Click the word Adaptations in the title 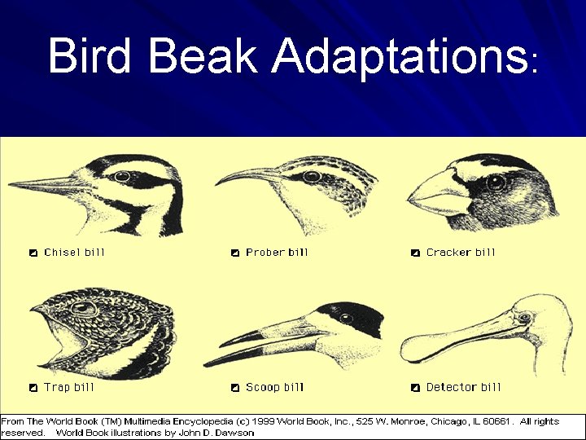point(398,56)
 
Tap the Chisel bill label point(74,253)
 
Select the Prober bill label point(277,253)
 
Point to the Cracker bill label point(461,253)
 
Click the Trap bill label point(69,388)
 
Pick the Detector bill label point(464,388)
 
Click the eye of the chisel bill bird point(123,176)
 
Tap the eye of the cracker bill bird point(496,183)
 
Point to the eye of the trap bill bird point(84,309)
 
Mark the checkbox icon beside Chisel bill point(33,253)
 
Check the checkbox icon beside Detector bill point(415,388)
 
